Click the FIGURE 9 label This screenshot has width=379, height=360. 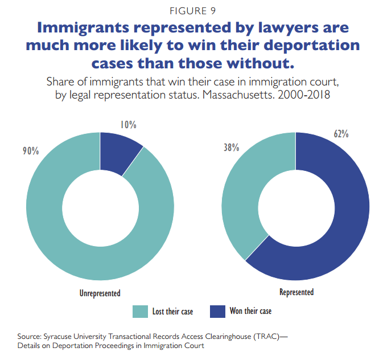(189, 10)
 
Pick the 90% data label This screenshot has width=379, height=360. (31, 151)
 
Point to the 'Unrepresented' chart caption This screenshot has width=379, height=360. (100, 293)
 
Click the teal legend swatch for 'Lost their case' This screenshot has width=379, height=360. (140, 311)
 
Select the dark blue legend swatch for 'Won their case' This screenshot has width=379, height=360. (218, 311)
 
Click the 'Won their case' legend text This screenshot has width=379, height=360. (250, 311)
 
